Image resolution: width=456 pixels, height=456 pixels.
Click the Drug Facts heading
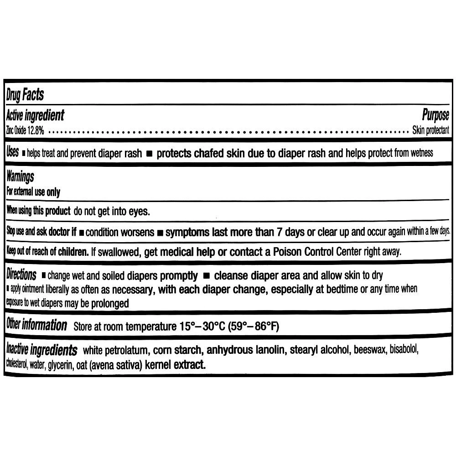[x=25, y=95]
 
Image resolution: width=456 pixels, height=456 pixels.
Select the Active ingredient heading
[x=36, y=115]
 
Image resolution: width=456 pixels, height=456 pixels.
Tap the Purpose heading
[x=435, y=115]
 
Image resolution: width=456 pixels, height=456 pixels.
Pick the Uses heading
[x=13, y=152]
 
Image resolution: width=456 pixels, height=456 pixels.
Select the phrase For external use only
[x=33, y=192]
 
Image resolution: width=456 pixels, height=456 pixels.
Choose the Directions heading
[x=21, y=275]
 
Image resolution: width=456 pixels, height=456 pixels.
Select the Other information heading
[x=36, y=326]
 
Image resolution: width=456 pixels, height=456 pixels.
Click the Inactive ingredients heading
[x=41, y=351]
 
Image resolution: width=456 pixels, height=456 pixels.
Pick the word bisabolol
[x=404, y=351]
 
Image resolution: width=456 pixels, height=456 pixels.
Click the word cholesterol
[x=17, y=365]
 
